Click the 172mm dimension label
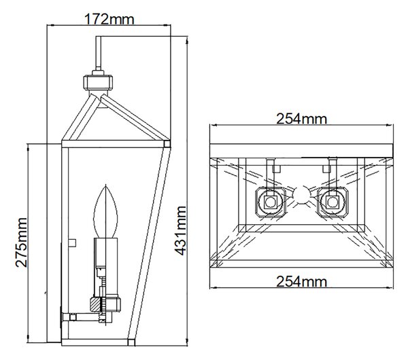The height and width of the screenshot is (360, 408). (x=109, y=19)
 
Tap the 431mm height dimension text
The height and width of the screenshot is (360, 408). (x=180, y=230)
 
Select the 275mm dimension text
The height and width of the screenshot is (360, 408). (x=21, y=242)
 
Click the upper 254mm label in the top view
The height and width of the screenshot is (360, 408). (x=301, y=119)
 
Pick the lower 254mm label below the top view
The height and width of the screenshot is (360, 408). (x=301, y=281)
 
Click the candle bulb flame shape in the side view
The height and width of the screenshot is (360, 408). (x=105, y=211)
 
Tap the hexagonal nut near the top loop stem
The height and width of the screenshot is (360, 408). (x=98, y=82)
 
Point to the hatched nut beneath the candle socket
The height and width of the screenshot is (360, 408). (x=105, y=304)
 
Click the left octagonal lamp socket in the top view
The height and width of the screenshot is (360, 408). (x=271, y=202)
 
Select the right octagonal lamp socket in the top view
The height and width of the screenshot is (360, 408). (x=333, y=202)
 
